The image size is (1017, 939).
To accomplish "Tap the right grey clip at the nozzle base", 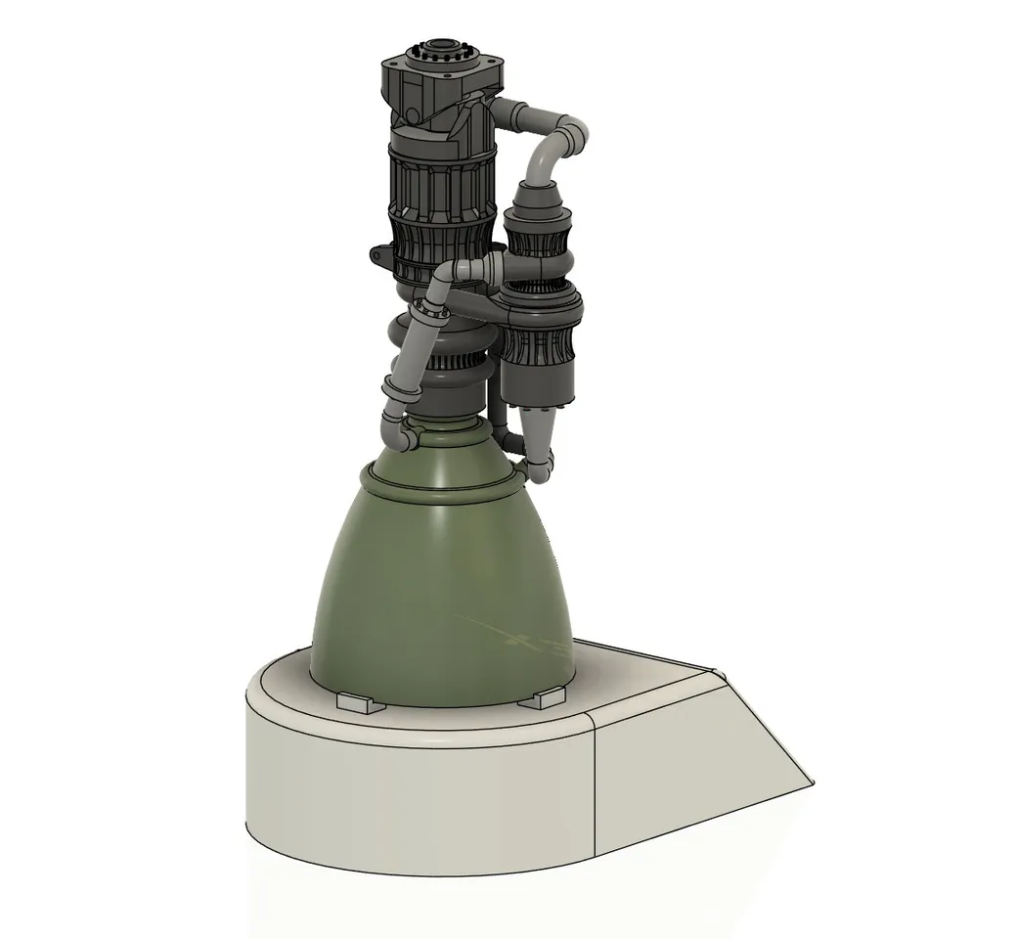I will (x=542, y=698).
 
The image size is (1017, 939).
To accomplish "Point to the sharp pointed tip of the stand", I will (x=811, y=782).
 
